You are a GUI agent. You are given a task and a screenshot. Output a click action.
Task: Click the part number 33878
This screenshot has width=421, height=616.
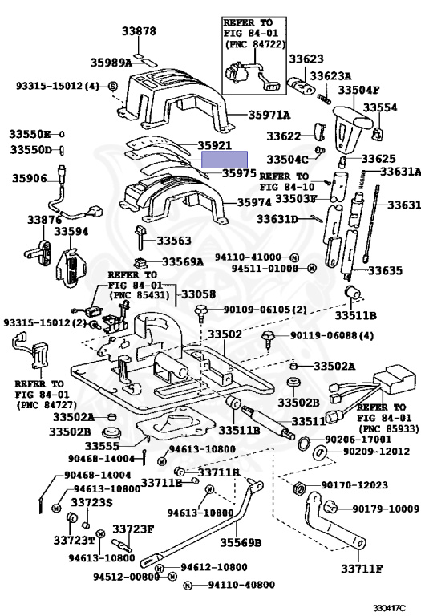tap(139, 31)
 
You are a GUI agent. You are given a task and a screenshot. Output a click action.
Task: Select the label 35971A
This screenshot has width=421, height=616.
tap(269, 115)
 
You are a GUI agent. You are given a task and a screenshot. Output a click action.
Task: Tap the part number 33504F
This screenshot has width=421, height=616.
tap(359, 90)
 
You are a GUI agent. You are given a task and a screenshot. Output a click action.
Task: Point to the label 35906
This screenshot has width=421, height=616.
tap(30, 178)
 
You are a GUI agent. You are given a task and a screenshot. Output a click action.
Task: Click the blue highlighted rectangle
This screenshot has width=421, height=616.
tap(225, 160)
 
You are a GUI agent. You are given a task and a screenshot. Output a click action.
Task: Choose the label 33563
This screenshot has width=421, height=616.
tap(174, 241)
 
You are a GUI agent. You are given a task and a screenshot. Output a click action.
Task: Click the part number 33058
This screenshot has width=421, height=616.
tap(198, 294)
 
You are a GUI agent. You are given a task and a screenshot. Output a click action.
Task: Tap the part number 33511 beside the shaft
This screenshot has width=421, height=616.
tap(309, 422)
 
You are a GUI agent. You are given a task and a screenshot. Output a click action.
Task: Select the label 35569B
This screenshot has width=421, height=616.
tap(241, 542)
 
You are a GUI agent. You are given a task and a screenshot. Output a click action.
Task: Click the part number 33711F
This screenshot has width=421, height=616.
tap(362, 569)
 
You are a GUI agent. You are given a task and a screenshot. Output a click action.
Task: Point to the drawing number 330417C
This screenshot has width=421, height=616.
tap(389, 608)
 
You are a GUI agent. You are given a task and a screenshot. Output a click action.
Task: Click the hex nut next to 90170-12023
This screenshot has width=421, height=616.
tap(299, 488)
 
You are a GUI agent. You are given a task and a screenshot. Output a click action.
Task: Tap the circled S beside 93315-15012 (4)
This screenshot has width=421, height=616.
tap(113, 86)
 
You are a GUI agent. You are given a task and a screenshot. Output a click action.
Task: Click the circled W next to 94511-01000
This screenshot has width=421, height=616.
tap(311, 269)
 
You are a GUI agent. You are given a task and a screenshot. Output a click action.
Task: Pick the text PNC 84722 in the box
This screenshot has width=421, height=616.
tap(255, 44)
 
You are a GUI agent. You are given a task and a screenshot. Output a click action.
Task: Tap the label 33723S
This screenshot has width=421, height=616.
tap(92, 502)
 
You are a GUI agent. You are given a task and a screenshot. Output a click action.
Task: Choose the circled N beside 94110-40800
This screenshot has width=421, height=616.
tap(188, 586)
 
